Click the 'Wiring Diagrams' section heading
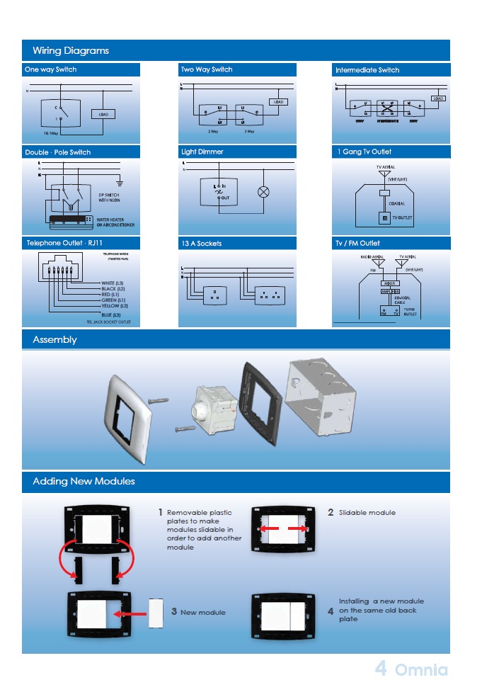coord(71,50)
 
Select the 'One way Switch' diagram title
coord(50,69)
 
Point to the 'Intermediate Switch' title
coord(367,70)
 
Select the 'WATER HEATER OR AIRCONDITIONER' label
coord(115,222)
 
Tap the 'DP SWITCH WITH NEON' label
coord(109,198)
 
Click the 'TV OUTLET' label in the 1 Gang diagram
coord(402,217)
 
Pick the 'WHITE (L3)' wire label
coord(113,283)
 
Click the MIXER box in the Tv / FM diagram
coord(390,283)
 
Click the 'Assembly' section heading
coord(54,340)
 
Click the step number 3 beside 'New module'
coord(174,612)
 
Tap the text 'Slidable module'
coord(367,512)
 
